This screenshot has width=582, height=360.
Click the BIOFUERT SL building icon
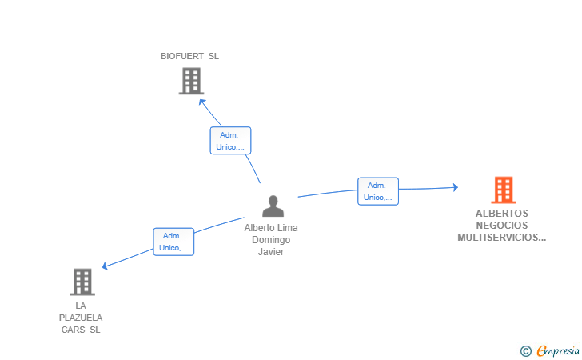click(x=192, y=81)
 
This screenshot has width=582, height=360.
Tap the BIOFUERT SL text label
click(x=189, y=56)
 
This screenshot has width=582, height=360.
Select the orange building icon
click(x=504, y=190)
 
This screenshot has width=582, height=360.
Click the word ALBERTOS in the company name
click(x=502, y=214)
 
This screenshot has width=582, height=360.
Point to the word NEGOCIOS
click(x=502, y=225)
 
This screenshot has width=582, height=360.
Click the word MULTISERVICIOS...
click(x=498, y=238)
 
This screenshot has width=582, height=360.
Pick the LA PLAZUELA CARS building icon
click(x=82, y=282)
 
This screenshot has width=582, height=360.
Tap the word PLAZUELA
click(x=81, y=318)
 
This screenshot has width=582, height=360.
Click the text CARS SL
click(x=81, y=330)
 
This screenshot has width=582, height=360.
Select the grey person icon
click(x=273, y=206)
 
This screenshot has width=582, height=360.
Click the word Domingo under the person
click(x=271, y=240)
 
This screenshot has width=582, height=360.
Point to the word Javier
click(x=271, y=251)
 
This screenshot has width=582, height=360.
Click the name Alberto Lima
click(x=271, y=228)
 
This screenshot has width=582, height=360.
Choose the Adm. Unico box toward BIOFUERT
click(x=230, y=141)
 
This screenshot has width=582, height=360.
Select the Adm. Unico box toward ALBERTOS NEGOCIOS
click(x=378, y=191)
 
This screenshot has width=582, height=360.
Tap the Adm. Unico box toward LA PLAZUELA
click(x=173, y=242)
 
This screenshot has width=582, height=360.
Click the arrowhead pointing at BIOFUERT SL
click(x=201, y=102)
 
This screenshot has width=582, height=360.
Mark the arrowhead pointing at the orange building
click(x=456, y=187)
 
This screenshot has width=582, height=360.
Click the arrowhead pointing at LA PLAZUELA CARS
click(x=104, y=266)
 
